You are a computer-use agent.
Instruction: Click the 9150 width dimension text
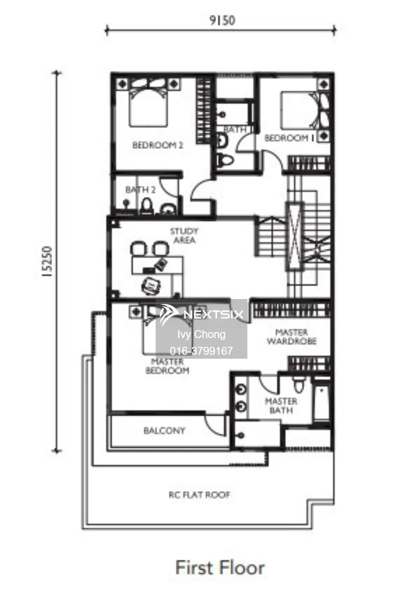pos(222,21)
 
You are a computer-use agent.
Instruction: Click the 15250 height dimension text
pos(47,261)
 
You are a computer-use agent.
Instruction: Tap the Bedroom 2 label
pos(158,145)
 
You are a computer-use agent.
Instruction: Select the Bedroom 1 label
pos(289,138)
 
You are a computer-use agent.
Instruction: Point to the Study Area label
pos(185,236)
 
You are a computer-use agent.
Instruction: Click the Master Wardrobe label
pos(292,337)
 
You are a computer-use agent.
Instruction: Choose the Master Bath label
pos(281,405)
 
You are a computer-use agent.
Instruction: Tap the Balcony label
pos(164,431)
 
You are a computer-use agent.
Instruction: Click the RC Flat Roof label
pos(199,495)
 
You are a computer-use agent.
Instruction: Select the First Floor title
pos(220,568)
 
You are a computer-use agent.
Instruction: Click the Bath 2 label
pos(140,190)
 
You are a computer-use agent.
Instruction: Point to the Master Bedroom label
pos(167,366)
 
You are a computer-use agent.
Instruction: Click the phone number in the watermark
pos(201,351)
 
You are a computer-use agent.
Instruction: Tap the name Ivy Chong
pos(202,334)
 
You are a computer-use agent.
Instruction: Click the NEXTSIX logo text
pos(214,315)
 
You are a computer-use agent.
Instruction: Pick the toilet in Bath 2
pos(146,206)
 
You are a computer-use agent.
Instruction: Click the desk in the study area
pos(158,265)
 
